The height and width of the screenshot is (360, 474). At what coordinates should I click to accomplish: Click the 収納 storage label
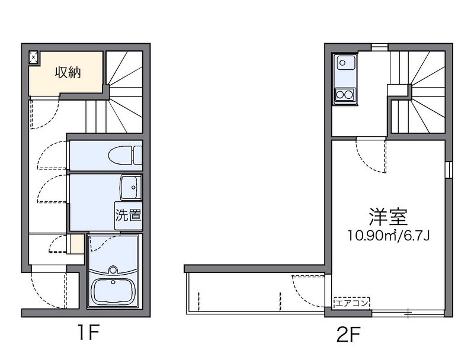pyautogui.click(x=68, y=72)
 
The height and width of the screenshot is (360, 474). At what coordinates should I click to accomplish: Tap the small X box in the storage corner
pyautogui.click(x=34, y=57)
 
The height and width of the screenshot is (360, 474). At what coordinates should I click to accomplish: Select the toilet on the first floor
pyautogui.click(x=125, y=155)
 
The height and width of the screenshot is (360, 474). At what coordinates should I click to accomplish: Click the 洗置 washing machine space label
pyautogui.click(x=129, y=216)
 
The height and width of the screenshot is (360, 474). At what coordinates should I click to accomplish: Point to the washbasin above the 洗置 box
pyautogui.click(x=131, y=188)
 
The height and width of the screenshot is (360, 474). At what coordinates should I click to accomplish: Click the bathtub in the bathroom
pyautogui.click(x=113, y=292)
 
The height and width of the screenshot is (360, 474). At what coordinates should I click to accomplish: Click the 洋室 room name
pyautogui.click(x=388, y=217)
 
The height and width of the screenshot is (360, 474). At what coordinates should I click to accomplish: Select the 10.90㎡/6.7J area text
pyautogui.click(x=389, y=236)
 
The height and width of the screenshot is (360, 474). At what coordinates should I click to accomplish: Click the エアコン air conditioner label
pyautogui.click(x=352, y=303)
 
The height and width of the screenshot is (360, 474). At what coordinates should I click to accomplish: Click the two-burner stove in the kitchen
pyautogui.click(x=345, y=95)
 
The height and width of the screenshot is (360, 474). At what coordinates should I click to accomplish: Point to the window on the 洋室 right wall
pyautogui.click(x=449, y=171)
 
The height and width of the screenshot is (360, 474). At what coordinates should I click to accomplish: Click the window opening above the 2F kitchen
pyautogui.click(x=380, y=47)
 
